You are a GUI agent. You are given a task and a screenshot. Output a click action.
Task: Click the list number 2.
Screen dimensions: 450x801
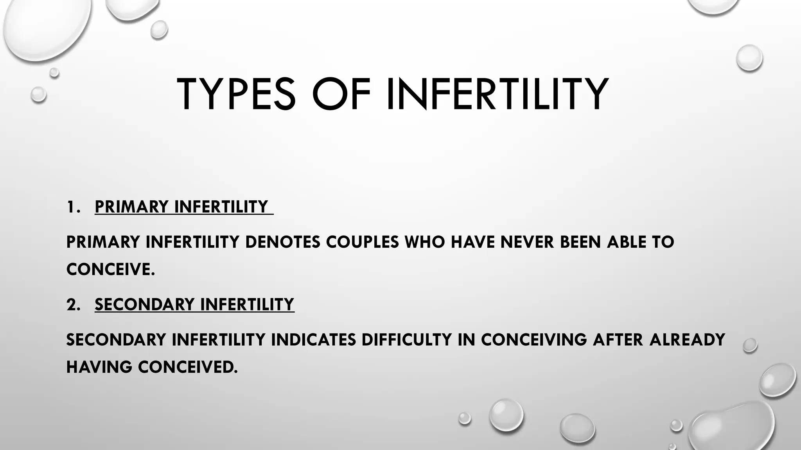click(x=73, y=305)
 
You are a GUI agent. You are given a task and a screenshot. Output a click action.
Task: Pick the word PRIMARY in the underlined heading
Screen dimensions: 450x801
click(x=131, y=207)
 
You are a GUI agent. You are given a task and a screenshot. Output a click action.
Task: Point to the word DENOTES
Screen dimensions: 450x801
click(x=282, y=242)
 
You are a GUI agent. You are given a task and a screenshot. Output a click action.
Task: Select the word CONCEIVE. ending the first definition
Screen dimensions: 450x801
click(x=111, y=270)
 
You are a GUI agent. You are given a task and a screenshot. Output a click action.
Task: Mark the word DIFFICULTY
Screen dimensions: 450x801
click(x=407, y=340)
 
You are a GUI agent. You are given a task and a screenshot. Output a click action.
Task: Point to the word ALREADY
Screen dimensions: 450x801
click(x=687, y=340)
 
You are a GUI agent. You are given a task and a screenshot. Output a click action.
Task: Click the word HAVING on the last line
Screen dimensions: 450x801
click(x=99, y=367)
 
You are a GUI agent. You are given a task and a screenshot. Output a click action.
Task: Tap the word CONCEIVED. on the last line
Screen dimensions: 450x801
click(x=188, y=367)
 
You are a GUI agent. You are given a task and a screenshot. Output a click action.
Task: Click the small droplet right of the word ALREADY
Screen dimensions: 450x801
click(x=750, y=345)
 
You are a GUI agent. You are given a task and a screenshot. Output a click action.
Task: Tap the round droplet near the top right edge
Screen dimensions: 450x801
click(x=749, y=58)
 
